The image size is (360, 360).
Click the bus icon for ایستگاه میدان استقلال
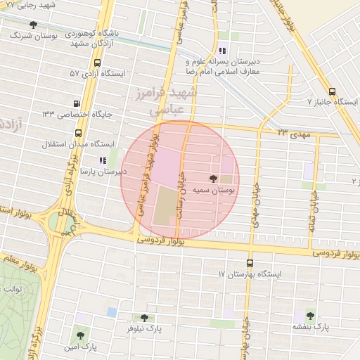pos(77,133)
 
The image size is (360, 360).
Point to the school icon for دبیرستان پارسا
pos(103,160)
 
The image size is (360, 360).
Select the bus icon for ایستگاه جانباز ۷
pos(332,91)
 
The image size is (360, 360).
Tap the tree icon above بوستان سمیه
pos(213,179)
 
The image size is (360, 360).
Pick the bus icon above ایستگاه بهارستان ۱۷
pos(249,263)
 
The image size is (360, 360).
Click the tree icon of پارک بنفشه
pos(310,316)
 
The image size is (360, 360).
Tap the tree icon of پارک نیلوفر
pos(144,318)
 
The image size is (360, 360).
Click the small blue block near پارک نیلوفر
pos(112,311)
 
